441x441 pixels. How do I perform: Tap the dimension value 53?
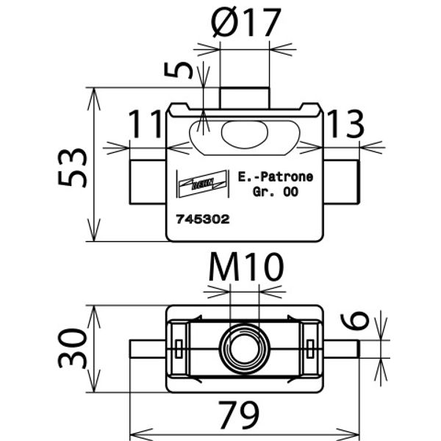tap(73, 167)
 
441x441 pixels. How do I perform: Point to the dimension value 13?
tap(344, 125)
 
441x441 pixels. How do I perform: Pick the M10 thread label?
tap(245, 269)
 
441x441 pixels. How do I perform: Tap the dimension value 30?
tap(73, 348)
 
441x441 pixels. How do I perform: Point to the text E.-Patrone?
tap(275, 176)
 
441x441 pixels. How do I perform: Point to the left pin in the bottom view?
tap(148, 348)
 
